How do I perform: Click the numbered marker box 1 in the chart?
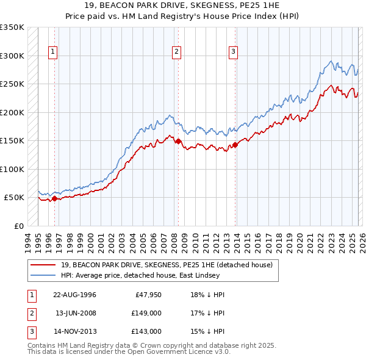(53, 52)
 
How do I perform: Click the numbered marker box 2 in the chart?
(176, 52)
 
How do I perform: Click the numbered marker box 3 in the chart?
(233, 52)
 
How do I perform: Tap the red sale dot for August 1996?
(54, 198)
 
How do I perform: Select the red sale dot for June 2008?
(178, 141)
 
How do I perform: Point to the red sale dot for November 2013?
(235, 145)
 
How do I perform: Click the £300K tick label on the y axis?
(12, 56)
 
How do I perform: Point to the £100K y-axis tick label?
(12, 169)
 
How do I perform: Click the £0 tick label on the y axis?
(18, 226)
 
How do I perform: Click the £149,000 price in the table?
(146, 313)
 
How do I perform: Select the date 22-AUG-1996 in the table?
(74, 295)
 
